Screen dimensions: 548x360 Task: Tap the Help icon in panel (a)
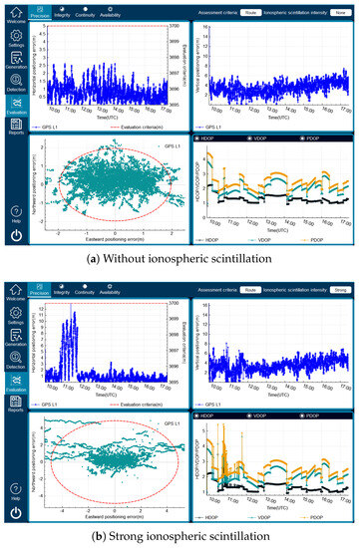[15, 212]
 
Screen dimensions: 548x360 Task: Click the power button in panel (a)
[15, 237]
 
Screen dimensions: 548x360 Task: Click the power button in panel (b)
[15, 513]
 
